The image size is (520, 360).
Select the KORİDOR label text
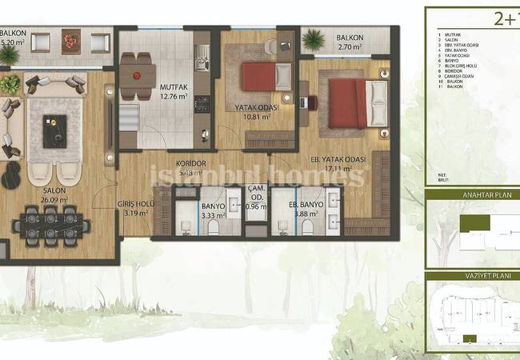click(x=192, y=163)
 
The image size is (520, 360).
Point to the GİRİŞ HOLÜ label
click(x=134, y=204)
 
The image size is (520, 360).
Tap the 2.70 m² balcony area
click(x=350, y=47)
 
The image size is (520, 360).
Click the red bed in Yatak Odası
click(x=258, y=77)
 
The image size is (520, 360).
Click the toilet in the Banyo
click(x=213, y=226)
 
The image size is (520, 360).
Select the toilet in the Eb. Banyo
click(x=307, y=226)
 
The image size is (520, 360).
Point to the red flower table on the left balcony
click(x=70, y=42)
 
